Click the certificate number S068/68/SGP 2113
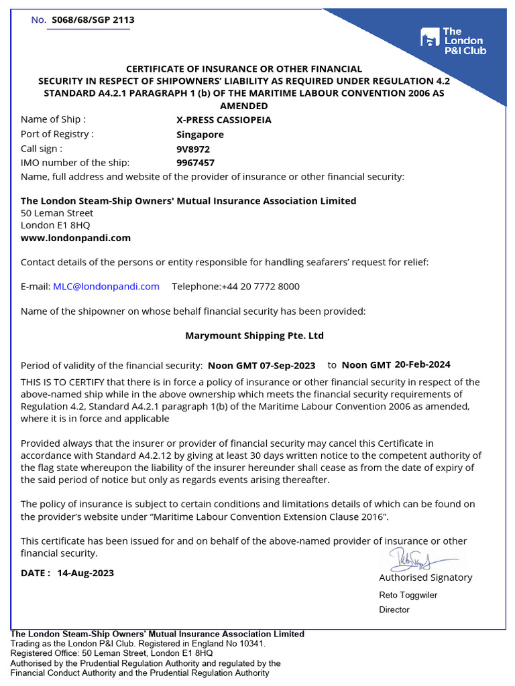(x=93, y=19)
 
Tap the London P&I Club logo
(x=453, y=41)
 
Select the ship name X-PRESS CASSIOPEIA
(x=223, y=120)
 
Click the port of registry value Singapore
(x=200, y=134)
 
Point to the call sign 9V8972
(x=193, y=148)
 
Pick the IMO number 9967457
(x=195, y=162)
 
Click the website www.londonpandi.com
(x=76, y=237)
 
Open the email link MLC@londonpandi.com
(x=106, y=286)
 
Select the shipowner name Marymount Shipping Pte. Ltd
(x=254, y=335)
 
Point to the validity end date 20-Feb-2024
(x=422, y=364)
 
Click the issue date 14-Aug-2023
(x=85, y=573)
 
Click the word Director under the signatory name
(x=394, y=610)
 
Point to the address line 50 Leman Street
(x=57, y=213)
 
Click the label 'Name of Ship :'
(x=53, y=120)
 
